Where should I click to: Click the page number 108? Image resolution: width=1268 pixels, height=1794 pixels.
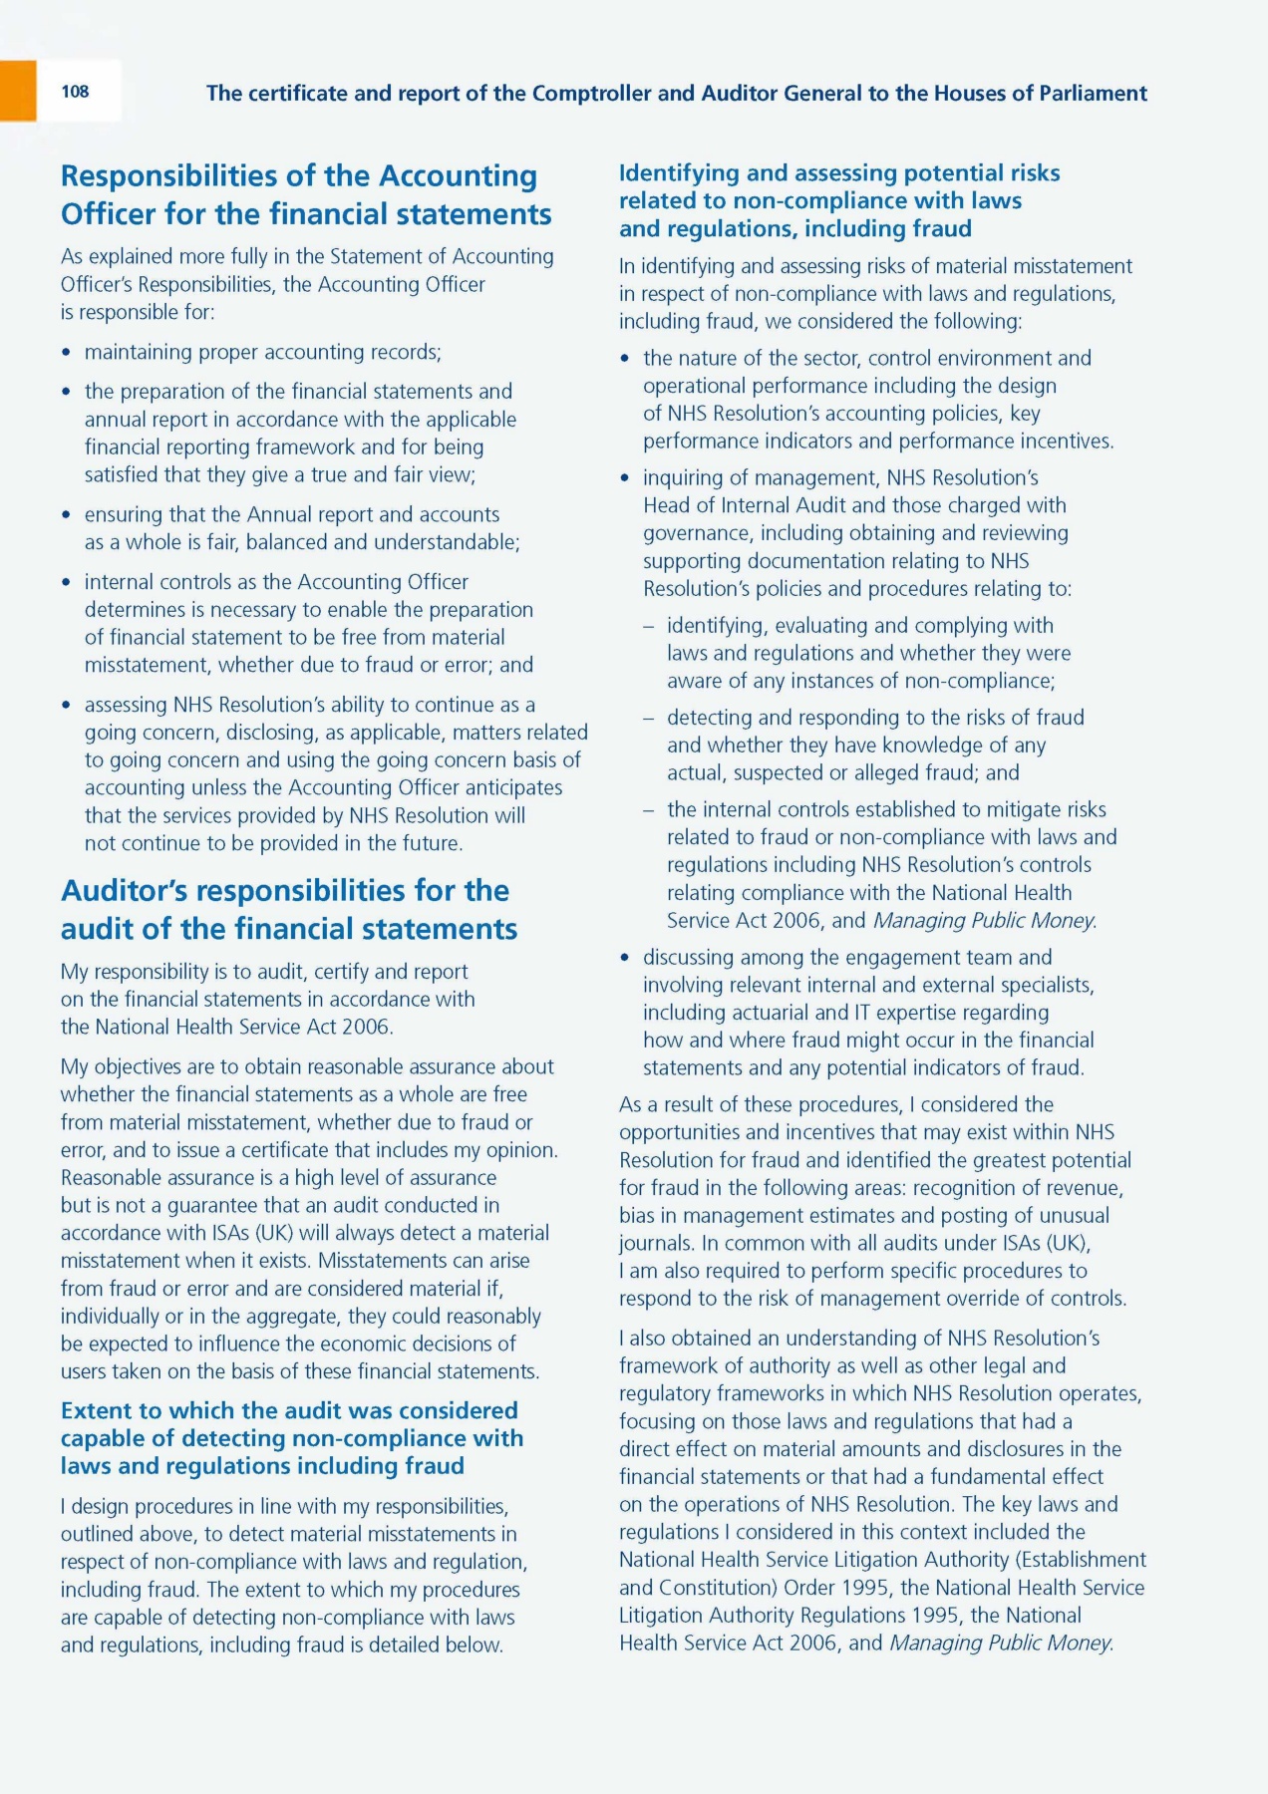coord(75,92)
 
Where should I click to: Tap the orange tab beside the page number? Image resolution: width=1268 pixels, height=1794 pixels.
coord(18,91)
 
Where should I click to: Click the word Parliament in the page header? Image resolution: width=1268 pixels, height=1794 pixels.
coord(1093,94)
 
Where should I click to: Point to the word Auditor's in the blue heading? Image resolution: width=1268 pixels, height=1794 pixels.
coord(134,890)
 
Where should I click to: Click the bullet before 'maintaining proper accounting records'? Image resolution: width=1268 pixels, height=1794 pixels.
coord(66,353)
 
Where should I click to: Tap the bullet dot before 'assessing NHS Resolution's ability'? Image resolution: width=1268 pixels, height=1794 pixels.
coord(66,706)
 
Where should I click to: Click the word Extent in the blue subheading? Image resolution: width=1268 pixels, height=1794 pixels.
coord(97,1410)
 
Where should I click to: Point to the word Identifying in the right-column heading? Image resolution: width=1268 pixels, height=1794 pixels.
coord(679,172)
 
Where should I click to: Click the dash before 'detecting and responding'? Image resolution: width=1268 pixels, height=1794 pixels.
coord(649,718)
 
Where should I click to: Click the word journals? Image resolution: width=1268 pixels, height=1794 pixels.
coord(655,1243)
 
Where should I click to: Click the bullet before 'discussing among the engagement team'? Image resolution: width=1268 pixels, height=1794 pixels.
coord(625,958)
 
